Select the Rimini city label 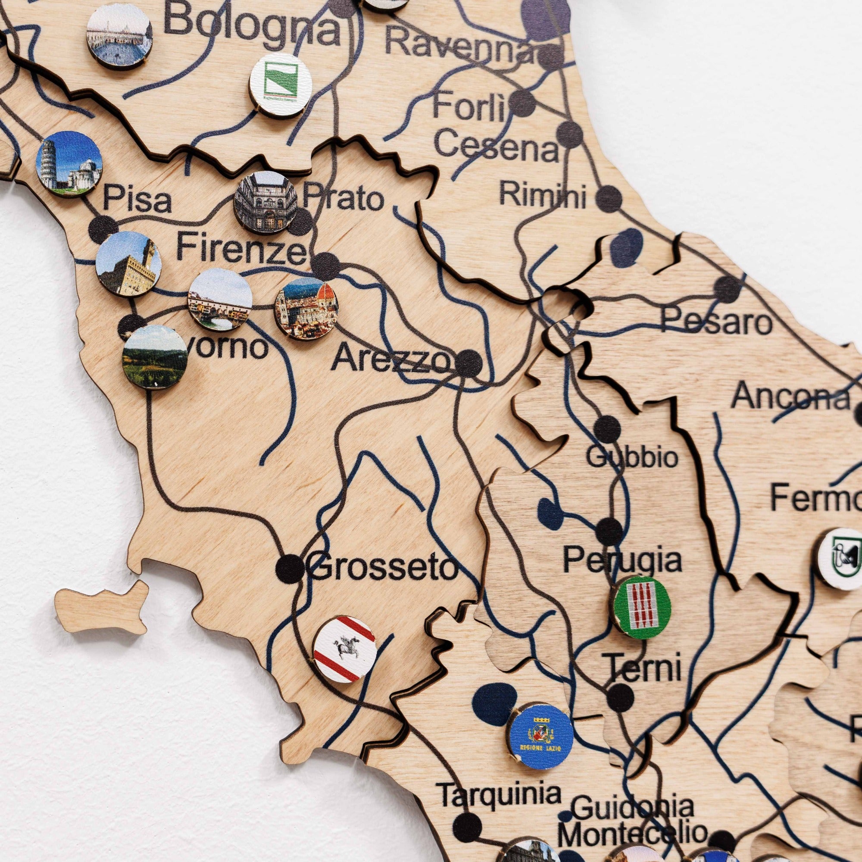(x=542, y=195)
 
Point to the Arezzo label (x=391, y=359)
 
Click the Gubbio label (x=632, y=457)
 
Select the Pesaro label (x=716, y=322)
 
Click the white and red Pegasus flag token (x=344, y=649)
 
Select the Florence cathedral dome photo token (x=306, y=308)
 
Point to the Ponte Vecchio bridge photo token (x=220, y=300)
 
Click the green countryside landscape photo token (x=154, y=357)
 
